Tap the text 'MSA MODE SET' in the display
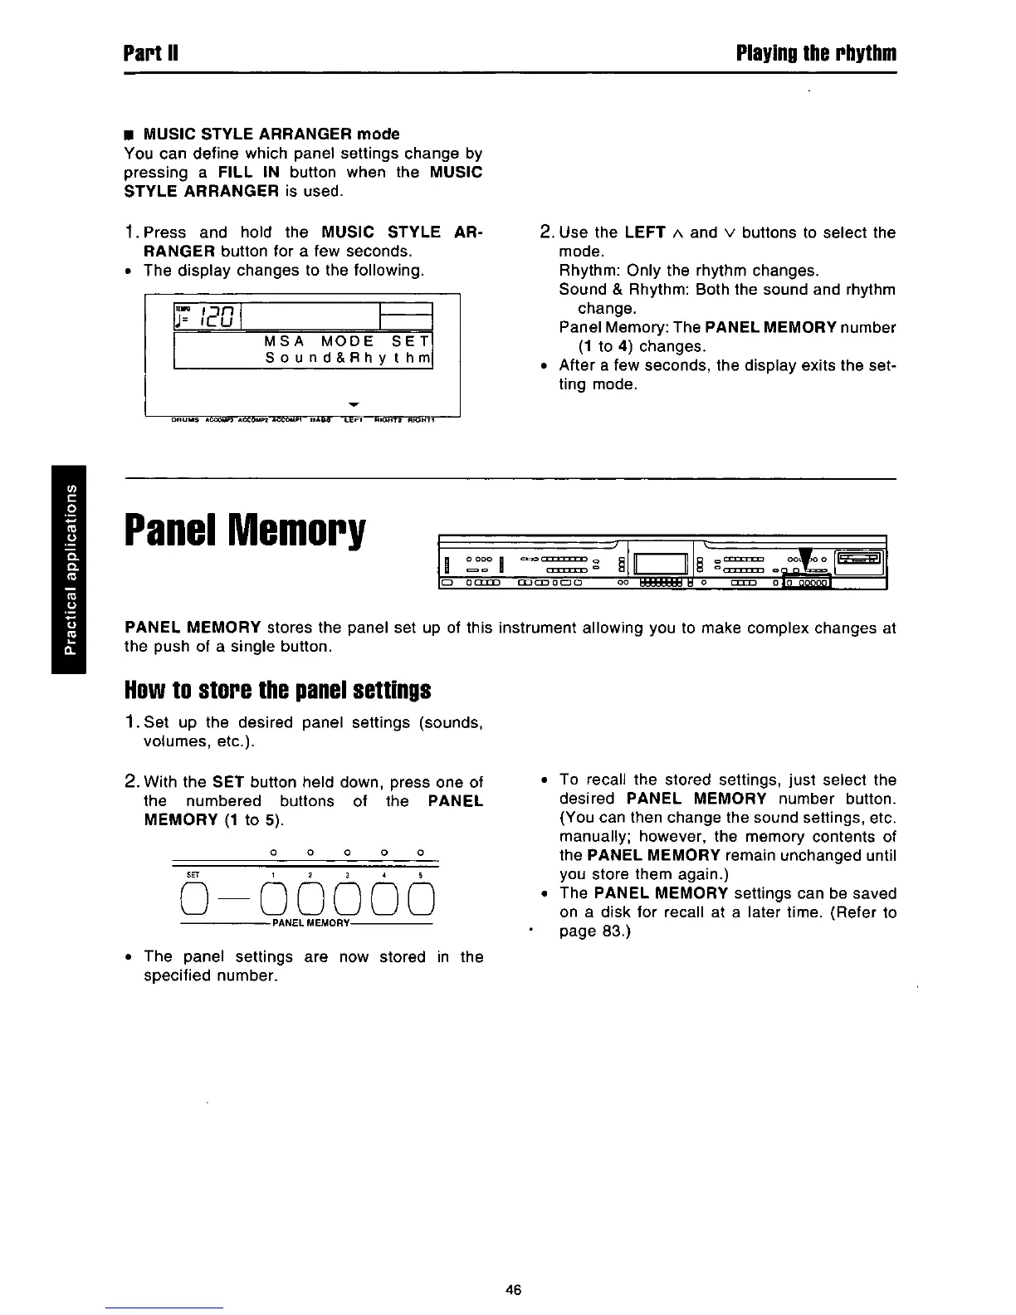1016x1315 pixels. [x=347, y=342]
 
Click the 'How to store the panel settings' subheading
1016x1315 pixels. [x=277, y=690]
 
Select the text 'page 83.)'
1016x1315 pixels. [x=595, y=931]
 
